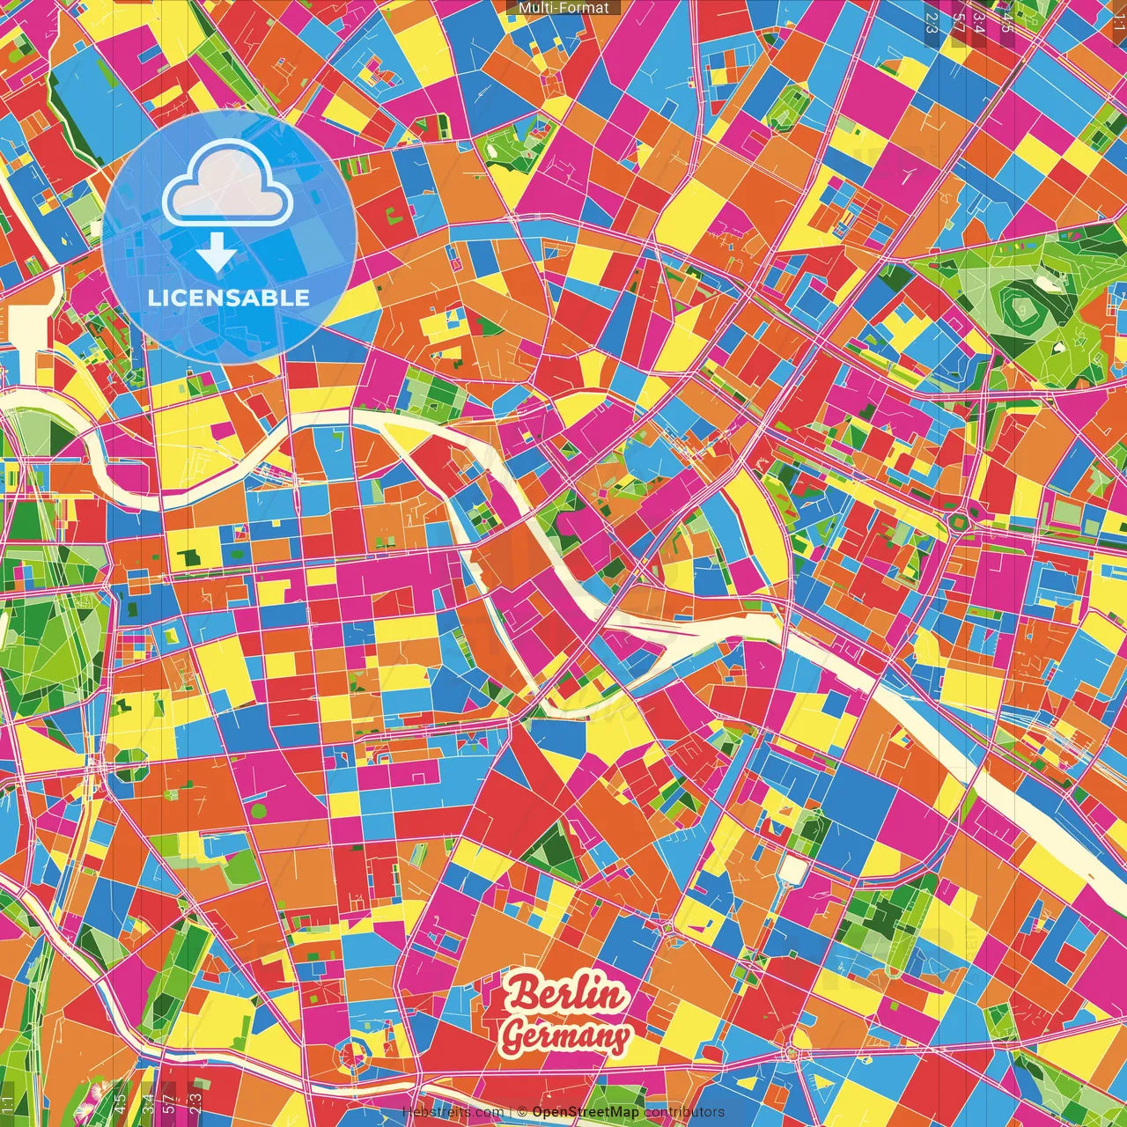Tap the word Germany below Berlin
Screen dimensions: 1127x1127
pos(566,1035)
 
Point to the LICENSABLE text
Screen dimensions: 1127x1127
pos(229,298)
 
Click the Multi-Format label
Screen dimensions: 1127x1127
pos(563,8)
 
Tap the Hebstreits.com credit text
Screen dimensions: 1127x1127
pos(453,1112)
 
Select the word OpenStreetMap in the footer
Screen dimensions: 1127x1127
pos(586,1112)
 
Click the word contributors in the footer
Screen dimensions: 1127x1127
pos(684,1112)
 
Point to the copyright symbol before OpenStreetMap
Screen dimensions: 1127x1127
pos(522,1112)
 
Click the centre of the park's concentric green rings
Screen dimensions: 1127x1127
pos(1021,308)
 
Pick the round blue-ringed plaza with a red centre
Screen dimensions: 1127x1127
pos(356,1053)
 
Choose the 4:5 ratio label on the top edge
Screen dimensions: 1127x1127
pos(1007,22)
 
